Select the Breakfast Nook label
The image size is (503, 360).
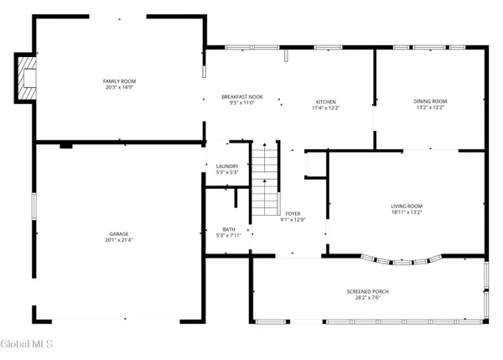click(242, 97)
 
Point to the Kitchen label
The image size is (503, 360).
click(325, 102)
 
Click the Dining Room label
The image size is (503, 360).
click(428, 102)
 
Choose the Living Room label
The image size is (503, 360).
click(407, 206)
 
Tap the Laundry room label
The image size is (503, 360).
click(227, 166)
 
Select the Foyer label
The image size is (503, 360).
click(293, 214)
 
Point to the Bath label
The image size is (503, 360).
click(229, 229)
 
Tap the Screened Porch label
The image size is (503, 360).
click(368, 291)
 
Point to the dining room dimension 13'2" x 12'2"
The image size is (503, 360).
click(428, 107)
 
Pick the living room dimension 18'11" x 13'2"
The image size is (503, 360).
click(407, 211)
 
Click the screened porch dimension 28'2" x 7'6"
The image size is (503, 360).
click(368, 297)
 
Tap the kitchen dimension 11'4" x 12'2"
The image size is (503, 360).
click(325, 107)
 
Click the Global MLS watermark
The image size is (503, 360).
click(28, 344)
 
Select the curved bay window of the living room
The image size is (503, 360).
click(402, 260)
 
